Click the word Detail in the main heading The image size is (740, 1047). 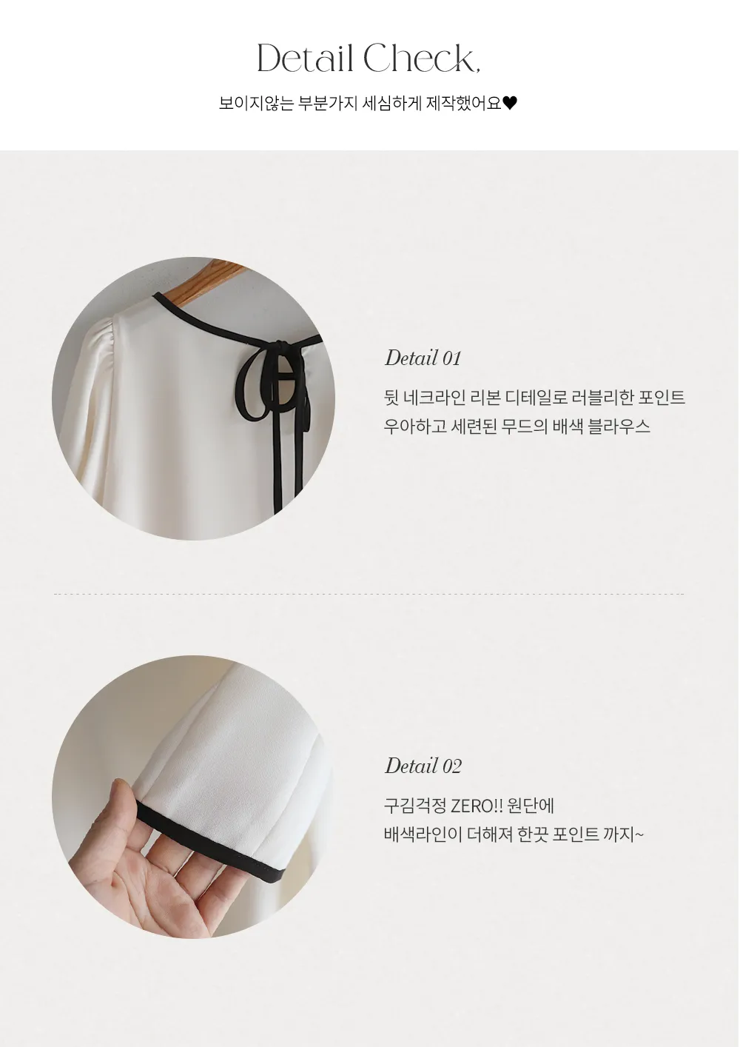pyautogui.click(x=305, y=58)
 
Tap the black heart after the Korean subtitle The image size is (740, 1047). pyautogui.click(x=510, y=103)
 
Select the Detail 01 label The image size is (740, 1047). pyautogui.click(x=423, y=358)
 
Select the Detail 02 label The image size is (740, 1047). pyautogui.click(x=423, y=766)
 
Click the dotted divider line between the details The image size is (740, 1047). pyautogui.click(x=369, y=594)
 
